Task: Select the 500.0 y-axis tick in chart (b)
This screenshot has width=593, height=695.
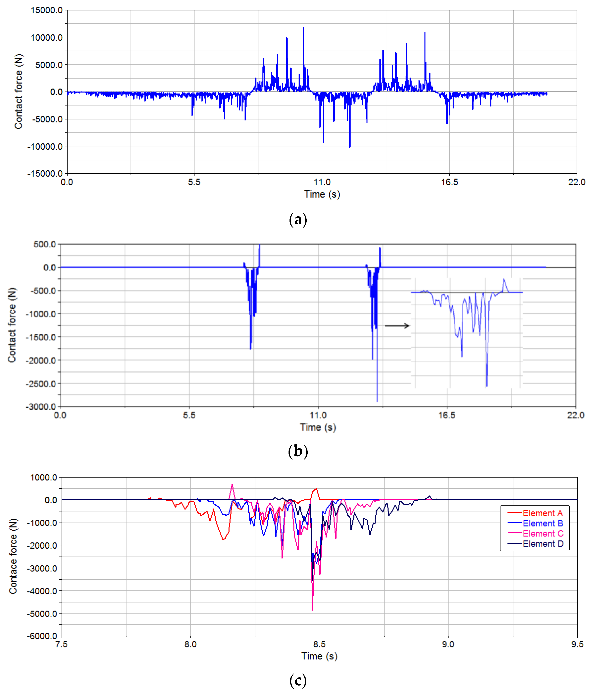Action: click(x=45, y=244)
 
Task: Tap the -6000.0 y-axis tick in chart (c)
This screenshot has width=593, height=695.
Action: click(x=42, y=636)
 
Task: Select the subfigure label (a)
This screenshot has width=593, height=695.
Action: click(x=298, y=220)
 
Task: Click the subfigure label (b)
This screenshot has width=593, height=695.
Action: click(x=298, y=451)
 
